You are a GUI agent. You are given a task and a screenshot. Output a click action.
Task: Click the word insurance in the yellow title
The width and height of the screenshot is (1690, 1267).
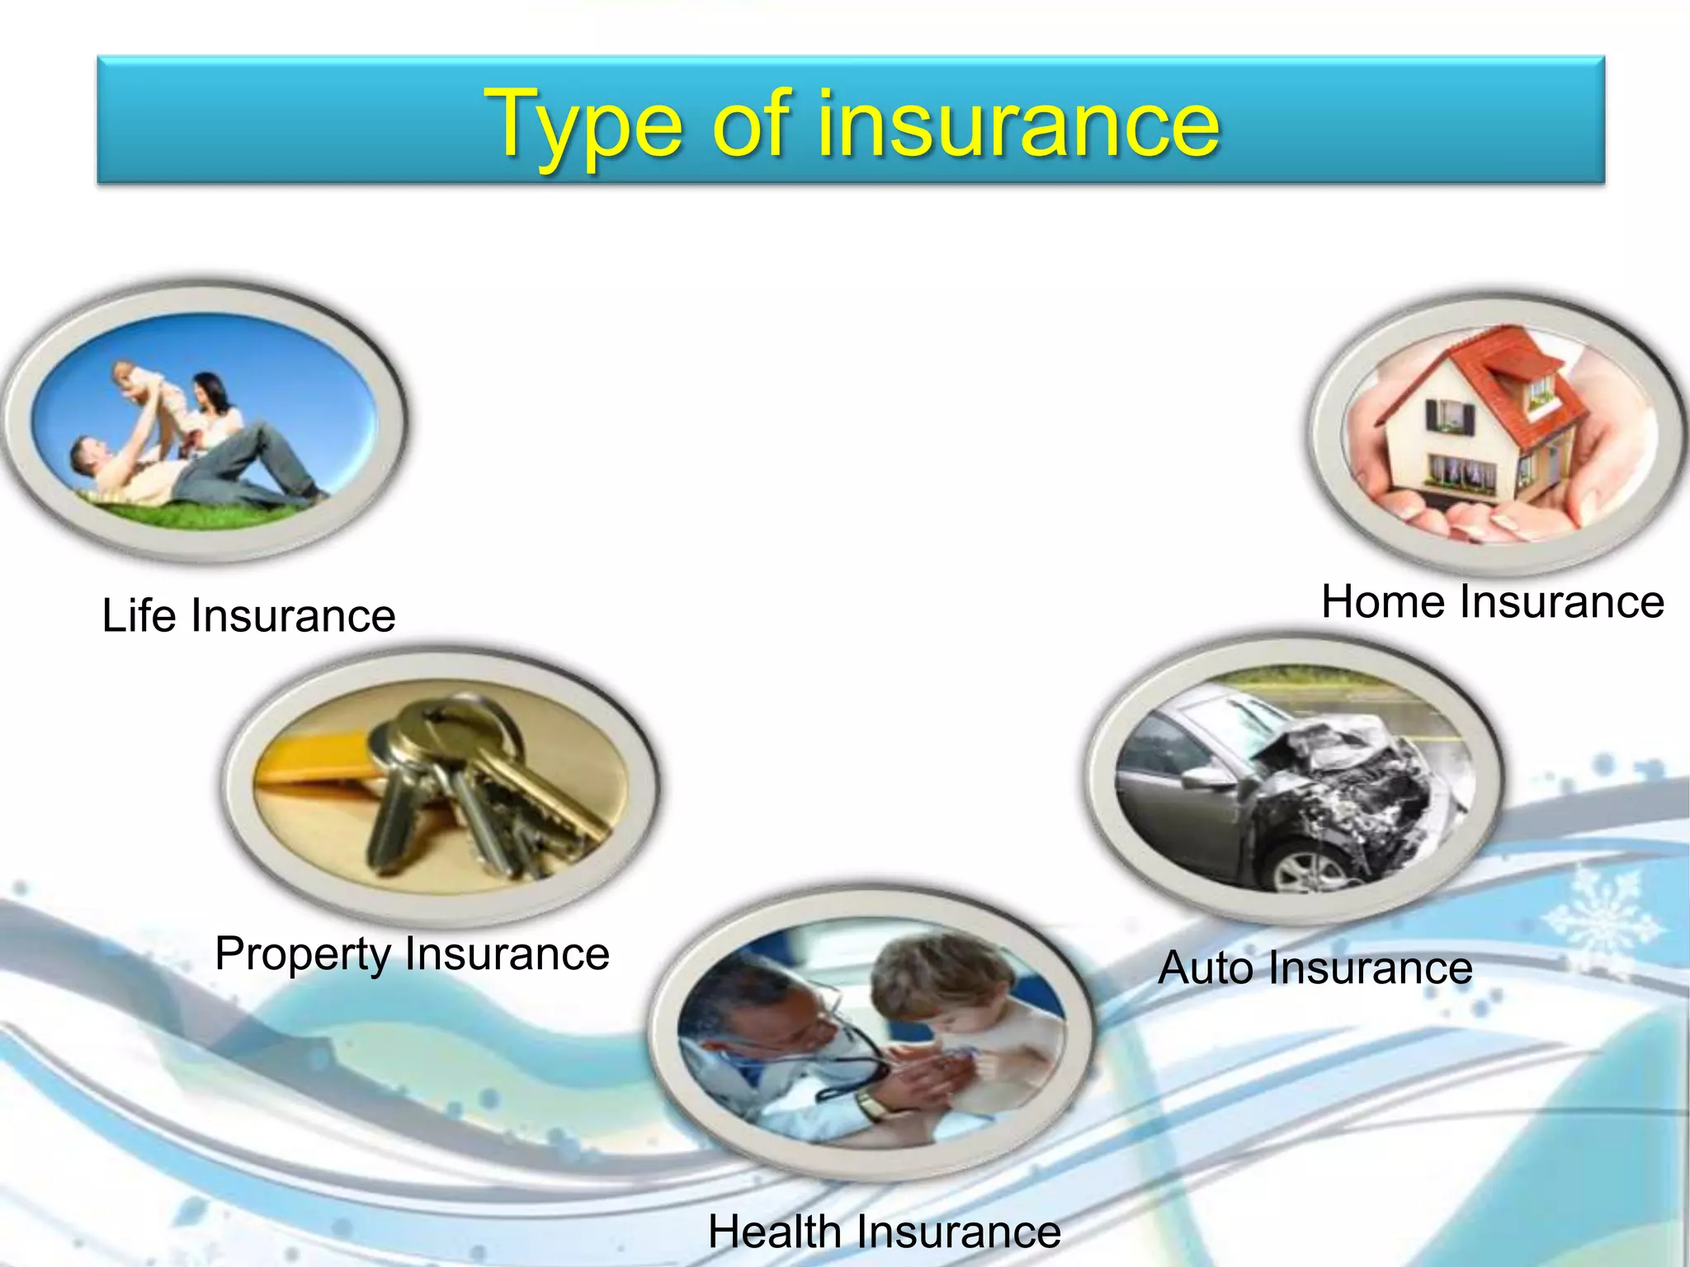click(x=1018, y=124)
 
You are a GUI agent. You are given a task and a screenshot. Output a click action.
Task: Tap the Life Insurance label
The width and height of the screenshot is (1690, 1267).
click(x=248, y=615)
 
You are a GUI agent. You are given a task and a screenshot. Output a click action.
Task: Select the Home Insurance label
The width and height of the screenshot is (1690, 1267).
click(x=1492, y=601)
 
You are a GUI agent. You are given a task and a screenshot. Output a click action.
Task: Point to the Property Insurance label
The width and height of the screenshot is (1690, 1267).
click(x=412, y=954)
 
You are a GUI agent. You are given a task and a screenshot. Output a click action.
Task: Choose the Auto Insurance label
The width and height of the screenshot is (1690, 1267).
click(x=1315, y=967)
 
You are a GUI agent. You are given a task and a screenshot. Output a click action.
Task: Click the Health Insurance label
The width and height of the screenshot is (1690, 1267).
click(x=884, y=1232)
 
